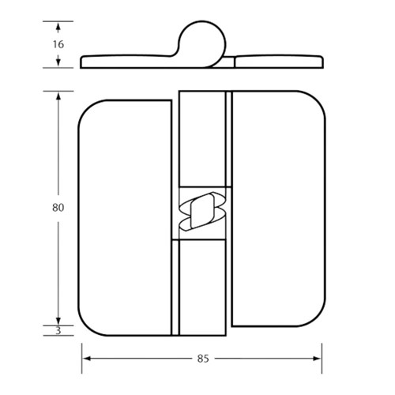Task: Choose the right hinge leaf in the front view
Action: click(276, 213)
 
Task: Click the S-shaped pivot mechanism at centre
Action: click(203, 212)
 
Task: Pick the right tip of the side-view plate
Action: click(321, 60)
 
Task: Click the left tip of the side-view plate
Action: click(83, 62)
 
